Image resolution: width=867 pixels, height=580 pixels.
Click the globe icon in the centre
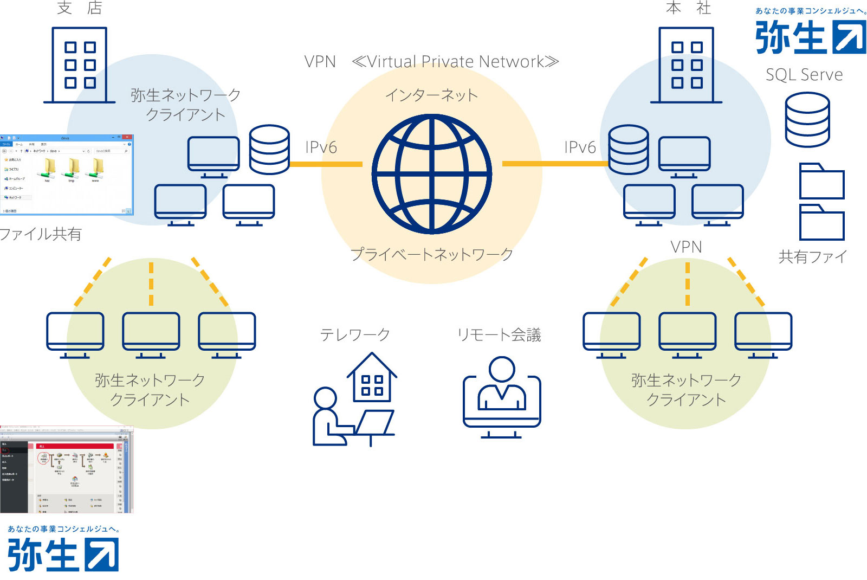pyautogui.click(x=432, y=174)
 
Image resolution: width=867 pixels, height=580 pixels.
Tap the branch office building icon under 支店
pyautogui.click(x=79, y=65)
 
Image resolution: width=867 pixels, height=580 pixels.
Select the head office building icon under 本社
pyautogui.click(x=686, y=65)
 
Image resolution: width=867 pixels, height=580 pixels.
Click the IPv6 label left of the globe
pyautogui.click(x=321, y=147)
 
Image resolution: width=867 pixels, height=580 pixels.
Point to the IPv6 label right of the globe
pyautogui.click(x=580, y=147)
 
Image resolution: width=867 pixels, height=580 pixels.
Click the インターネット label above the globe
pyautogui.click(x=431, y=95)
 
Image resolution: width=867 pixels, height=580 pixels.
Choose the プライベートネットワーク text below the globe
pyautogui.click(x=431, y=254)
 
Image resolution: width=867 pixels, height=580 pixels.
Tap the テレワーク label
pyautogui.click(x=355, y=335)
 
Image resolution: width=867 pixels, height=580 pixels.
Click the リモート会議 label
pyautogui.click(x=499, y=335)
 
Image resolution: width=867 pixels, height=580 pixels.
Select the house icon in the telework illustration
pyautogui.click(x=372, y=378)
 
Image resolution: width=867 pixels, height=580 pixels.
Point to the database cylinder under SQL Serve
pyautogui.click(x=807, y=120)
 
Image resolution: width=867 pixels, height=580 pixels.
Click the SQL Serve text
pyautogui.click(x=804, y=75)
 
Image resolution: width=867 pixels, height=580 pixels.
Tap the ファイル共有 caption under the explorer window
pyautogui.click(x=41, y=234)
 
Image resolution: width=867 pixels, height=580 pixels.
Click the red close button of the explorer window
pyautogui.click(x=127, y=138)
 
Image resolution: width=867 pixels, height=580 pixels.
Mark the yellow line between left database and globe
pyautogui.click(x=326, y=164)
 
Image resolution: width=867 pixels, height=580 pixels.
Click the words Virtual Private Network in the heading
pyautogui.click(x=455, y=62)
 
